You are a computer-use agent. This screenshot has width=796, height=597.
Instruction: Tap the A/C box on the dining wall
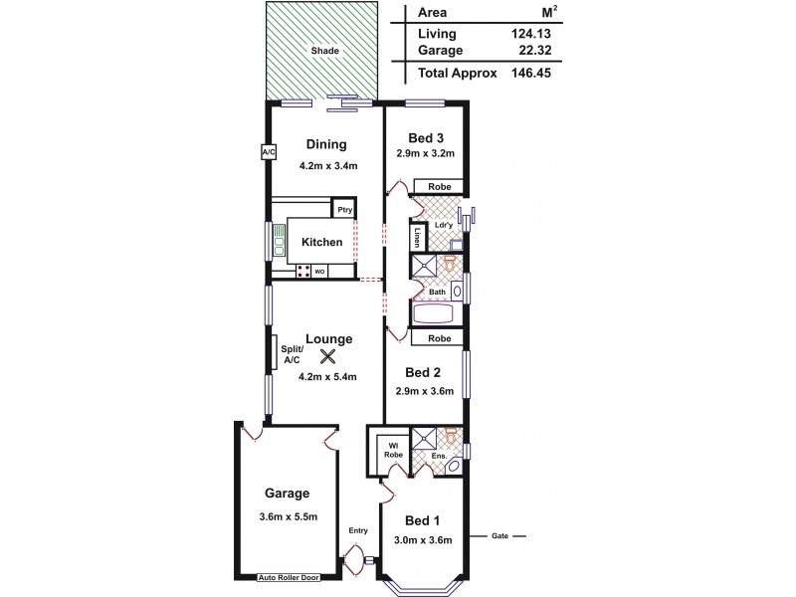pyautogui.click(x=268, y=152)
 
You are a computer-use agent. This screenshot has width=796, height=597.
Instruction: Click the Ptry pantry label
pyautogui.click(x=344, y=210)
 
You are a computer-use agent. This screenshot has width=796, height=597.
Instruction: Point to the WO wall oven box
pyautogui.click(x=320, y=271)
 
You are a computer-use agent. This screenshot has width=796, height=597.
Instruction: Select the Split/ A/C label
pyautogui.click(x=291, y=353)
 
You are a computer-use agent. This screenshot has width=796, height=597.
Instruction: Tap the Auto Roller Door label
pyautogui.click(x=287, y=577)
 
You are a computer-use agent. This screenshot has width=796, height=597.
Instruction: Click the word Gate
pyautogui.click(x=499, y=535)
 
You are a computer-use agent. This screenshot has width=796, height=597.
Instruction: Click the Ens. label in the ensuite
pyautogui.click(x=438, y=458)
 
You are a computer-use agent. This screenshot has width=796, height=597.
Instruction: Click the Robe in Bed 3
pyautogui.click(x=439, y=187)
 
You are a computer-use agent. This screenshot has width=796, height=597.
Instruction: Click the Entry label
pyautogui.click(x=357, y=531)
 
